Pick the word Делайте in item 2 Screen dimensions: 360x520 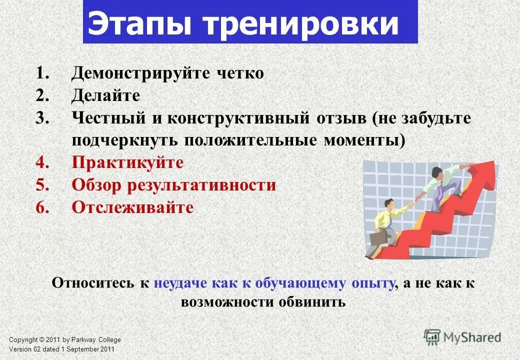105,95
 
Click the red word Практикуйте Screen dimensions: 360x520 127,162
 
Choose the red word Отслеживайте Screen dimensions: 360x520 132,207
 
